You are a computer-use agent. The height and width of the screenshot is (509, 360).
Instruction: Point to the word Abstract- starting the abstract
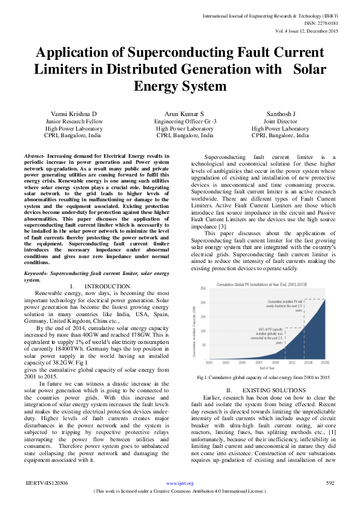pyautogui.click(x=35, y=157)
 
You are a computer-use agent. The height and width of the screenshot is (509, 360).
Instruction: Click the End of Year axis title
pyautogui.click(x=267, y=368)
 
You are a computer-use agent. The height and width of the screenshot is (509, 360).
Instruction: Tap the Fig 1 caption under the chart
pyautogui.click(x=263, y=377)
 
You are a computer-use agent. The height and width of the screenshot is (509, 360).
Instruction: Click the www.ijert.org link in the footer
pyautogui.click(x=180, y=483)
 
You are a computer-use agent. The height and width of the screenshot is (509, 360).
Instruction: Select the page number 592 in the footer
pyautogui.click(x=330, y=483)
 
